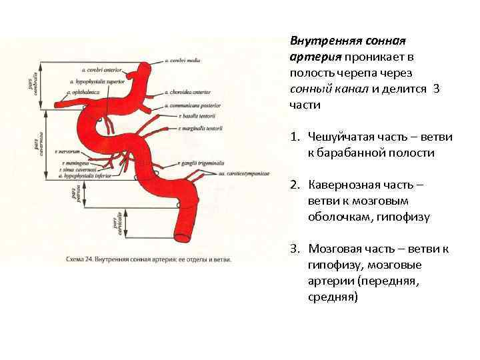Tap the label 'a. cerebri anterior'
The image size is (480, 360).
[x=100, y=68]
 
